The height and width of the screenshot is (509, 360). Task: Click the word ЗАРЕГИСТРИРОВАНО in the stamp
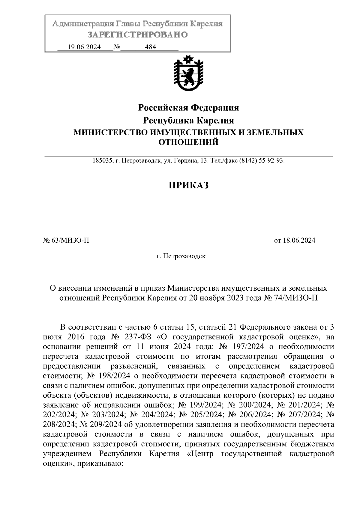tap(138, 35)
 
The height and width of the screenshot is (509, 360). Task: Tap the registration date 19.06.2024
tap(84, 47)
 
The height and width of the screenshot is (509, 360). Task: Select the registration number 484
tap(150, 47)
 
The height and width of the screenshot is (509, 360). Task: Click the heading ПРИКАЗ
tap(188, 185)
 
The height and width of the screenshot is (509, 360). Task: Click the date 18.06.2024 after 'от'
tap(299, 240)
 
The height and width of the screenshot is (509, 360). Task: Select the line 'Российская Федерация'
tap(188, 107)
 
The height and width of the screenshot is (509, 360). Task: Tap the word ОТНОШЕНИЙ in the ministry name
tap(188, 142)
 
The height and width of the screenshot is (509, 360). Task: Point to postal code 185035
tap(102, 161)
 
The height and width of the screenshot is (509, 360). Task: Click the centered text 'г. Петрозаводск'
tap(181, 256)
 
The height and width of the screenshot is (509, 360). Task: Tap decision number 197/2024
tap(248, 347)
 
